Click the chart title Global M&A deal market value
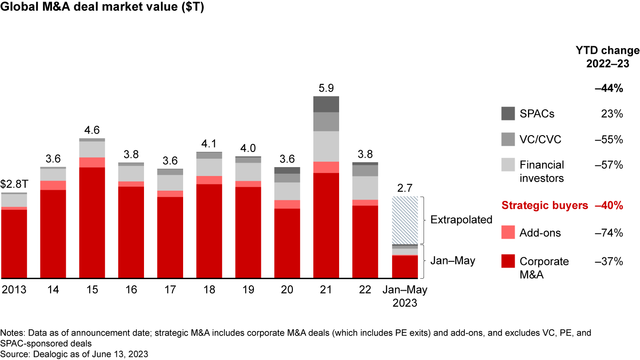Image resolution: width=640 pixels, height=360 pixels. pyautogui.click(x=102, y=8)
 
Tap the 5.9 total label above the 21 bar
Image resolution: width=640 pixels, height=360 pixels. pyautogui.click(x=326, y=88)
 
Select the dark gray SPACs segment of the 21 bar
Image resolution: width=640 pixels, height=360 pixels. pyautogui.click(x=326, y=104)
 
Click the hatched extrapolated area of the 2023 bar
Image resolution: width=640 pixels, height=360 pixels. pyautogui.click(x=404, y=220)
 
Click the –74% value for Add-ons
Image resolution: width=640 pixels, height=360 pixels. pyautogui.click(x=609, y=233)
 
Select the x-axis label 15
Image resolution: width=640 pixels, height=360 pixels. pyautogui.click(x=92, y=290)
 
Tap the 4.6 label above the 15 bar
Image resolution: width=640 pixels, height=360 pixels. pyautogui.click(x=92, y=130)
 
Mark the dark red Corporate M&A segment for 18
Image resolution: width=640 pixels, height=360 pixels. pyautogui.click(x=209, y=231)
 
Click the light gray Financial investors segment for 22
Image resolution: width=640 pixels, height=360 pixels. pyautogui.click(x=365, y=188)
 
